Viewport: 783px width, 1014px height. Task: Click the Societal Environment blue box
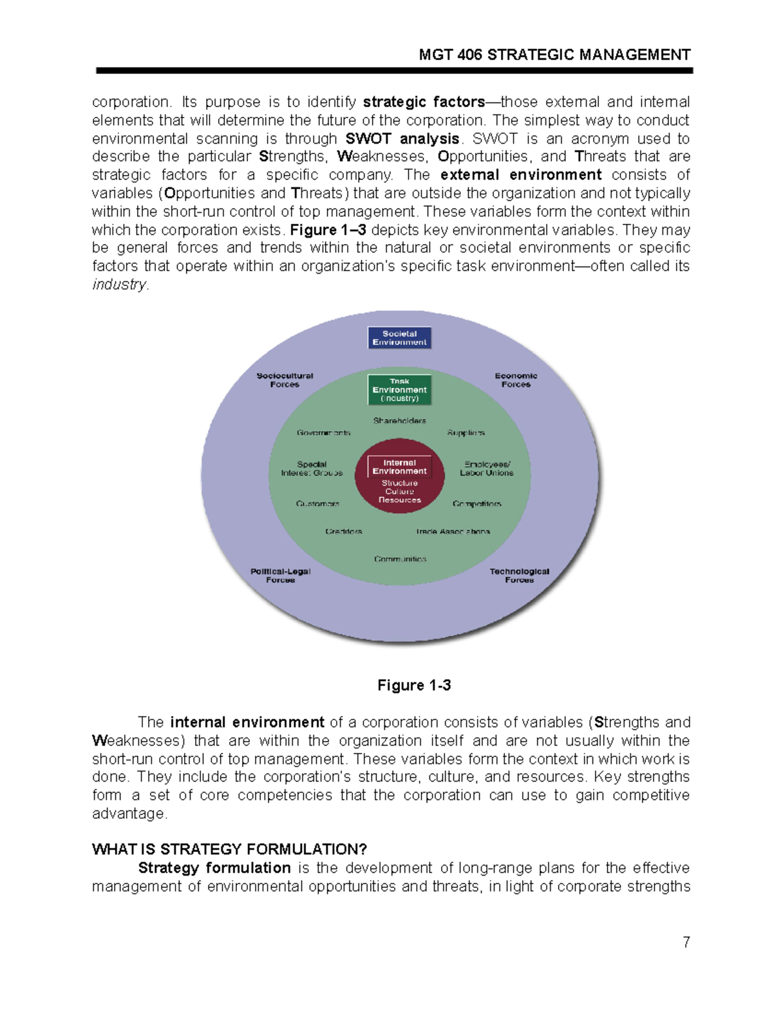tap(399, 338)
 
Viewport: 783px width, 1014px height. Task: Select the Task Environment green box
tap(399, 390)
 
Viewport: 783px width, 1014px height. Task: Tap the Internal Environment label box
tap(399, 467)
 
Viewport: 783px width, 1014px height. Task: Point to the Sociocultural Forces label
tap(284, 380)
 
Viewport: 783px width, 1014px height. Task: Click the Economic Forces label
tap(515, 380)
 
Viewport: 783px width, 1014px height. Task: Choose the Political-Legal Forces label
tap(281, 575)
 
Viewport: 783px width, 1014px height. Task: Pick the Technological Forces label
tap(519, 575)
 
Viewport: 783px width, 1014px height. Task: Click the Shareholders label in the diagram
tap(399, 420)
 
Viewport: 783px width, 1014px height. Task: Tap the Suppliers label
tap(466, 433)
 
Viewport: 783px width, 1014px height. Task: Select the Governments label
tap(324, 433)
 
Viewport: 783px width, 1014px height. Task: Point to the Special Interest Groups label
tap(312, 469)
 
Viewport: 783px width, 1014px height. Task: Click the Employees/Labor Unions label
tap(487, 469)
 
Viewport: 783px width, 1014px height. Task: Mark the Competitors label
tap(477, 504)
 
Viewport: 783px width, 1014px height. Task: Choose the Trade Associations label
tap(453, 531)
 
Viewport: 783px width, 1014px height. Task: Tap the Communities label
tap(400, 559)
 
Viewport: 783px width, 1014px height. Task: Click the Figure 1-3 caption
tap(414, 685)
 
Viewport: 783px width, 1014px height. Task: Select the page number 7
tap(686, 942)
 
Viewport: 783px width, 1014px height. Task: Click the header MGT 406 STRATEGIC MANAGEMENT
tap(554, 55)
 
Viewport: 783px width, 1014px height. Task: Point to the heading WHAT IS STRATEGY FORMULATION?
tap(230, 849)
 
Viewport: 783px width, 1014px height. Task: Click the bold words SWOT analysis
tap(402, 138)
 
